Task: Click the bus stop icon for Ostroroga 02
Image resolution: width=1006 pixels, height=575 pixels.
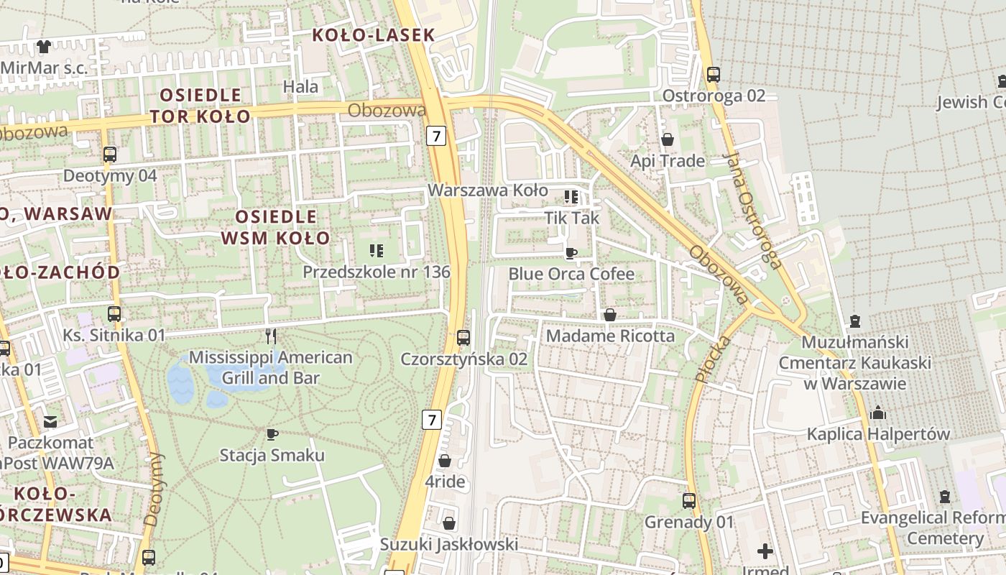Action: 713,74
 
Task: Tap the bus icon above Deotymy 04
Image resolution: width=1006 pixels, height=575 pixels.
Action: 110,155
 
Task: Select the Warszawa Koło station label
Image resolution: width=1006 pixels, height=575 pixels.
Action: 488,190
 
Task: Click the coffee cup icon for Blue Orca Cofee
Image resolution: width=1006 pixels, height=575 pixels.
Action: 571,253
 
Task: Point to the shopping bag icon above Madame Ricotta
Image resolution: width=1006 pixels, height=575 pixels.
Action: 609,315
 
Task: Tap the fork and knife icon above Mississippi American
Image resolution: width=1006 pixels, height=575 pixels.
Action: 271,336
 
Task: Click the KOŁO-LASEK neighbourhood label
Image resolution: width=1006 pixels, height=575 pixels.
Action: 374,34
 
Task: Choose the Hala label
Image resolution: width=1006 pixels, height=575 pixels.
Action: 301,87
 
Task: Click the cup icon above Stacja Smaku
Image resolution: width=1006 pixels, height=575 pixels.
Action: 272,434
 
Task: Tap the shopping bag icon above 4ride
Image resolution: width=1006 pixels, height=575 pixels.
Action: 445,461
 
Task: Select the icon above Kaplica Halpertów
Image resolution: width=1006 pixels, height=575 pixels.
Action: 877,413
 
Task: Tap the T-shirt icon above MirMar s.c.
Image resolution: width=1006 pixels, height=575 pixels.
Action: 44,47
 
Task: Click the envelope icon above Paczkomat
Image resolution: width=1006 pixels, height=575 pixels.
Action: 50,421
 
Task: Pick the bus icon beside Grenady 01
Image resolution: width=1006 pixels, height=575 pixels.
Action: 689,500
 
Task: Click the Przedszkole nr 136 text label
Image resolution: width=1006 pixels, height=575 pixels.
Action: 376,272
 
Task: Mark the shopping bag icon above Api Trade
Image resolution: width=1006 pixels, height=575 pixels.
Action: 668,139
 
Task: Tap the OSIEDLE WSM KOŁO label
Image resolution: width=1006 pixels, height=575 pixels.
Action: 276,227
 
